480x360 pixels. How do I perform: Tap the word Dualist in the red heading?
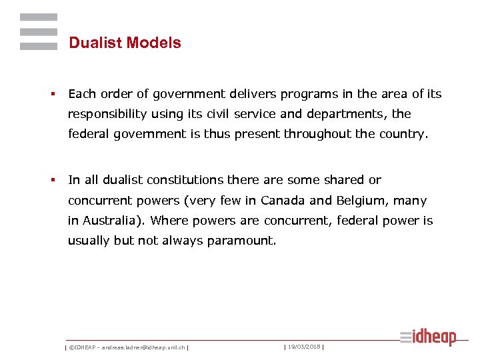tap(95, 43)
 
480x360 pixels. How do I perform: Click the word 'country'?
tap(401, 134)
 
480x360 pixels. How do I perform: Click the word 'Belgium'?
tap(360, 201)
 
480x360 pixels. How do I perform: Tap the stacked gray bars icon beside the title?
tap(39, 31)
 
